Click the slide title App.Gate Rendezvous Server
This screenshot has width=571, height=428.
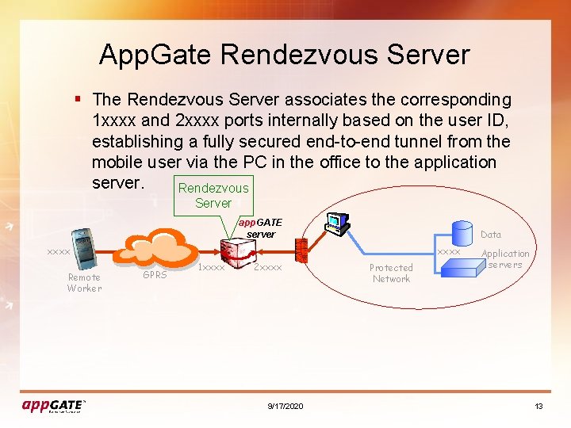[x=284, y=55]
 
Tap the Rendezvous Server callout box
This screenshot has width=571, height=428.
[x=213, y=195]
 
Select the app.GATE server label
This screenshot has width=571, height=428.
[x=260, y=228]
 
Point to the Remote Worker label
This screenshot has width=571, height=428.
[x=84, y=283]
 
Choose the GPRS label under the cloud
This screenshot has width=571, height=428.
[x=154, y=275]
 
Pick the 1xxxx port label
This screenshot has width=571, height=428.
[x=211, y=268]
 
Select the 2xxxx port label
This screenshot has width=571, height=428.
[x=267, y=268]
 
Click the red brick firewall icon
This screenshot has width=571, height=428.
[x=301, y=250]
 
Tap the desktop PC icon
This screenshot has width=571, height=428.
[x=339, y=224]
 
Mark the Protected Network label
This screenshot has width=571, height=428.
[x=391, y=273]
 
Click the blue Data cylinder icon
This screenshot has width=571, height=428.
[x=462, y=232]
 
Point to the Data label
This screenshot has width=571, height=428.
[x=491, y=235]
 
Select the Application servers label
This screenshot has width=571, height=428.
[x=505, y=259]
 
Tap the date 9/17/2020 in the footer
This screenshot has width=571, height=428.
[x=285, y=406]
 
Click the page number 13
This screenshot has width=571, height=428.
[x=538, y=406]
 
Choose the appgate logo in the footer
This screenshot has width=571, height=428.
[x=53, y=405]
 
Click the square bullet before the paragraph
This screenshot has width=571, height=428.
[x=77, y=99]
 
